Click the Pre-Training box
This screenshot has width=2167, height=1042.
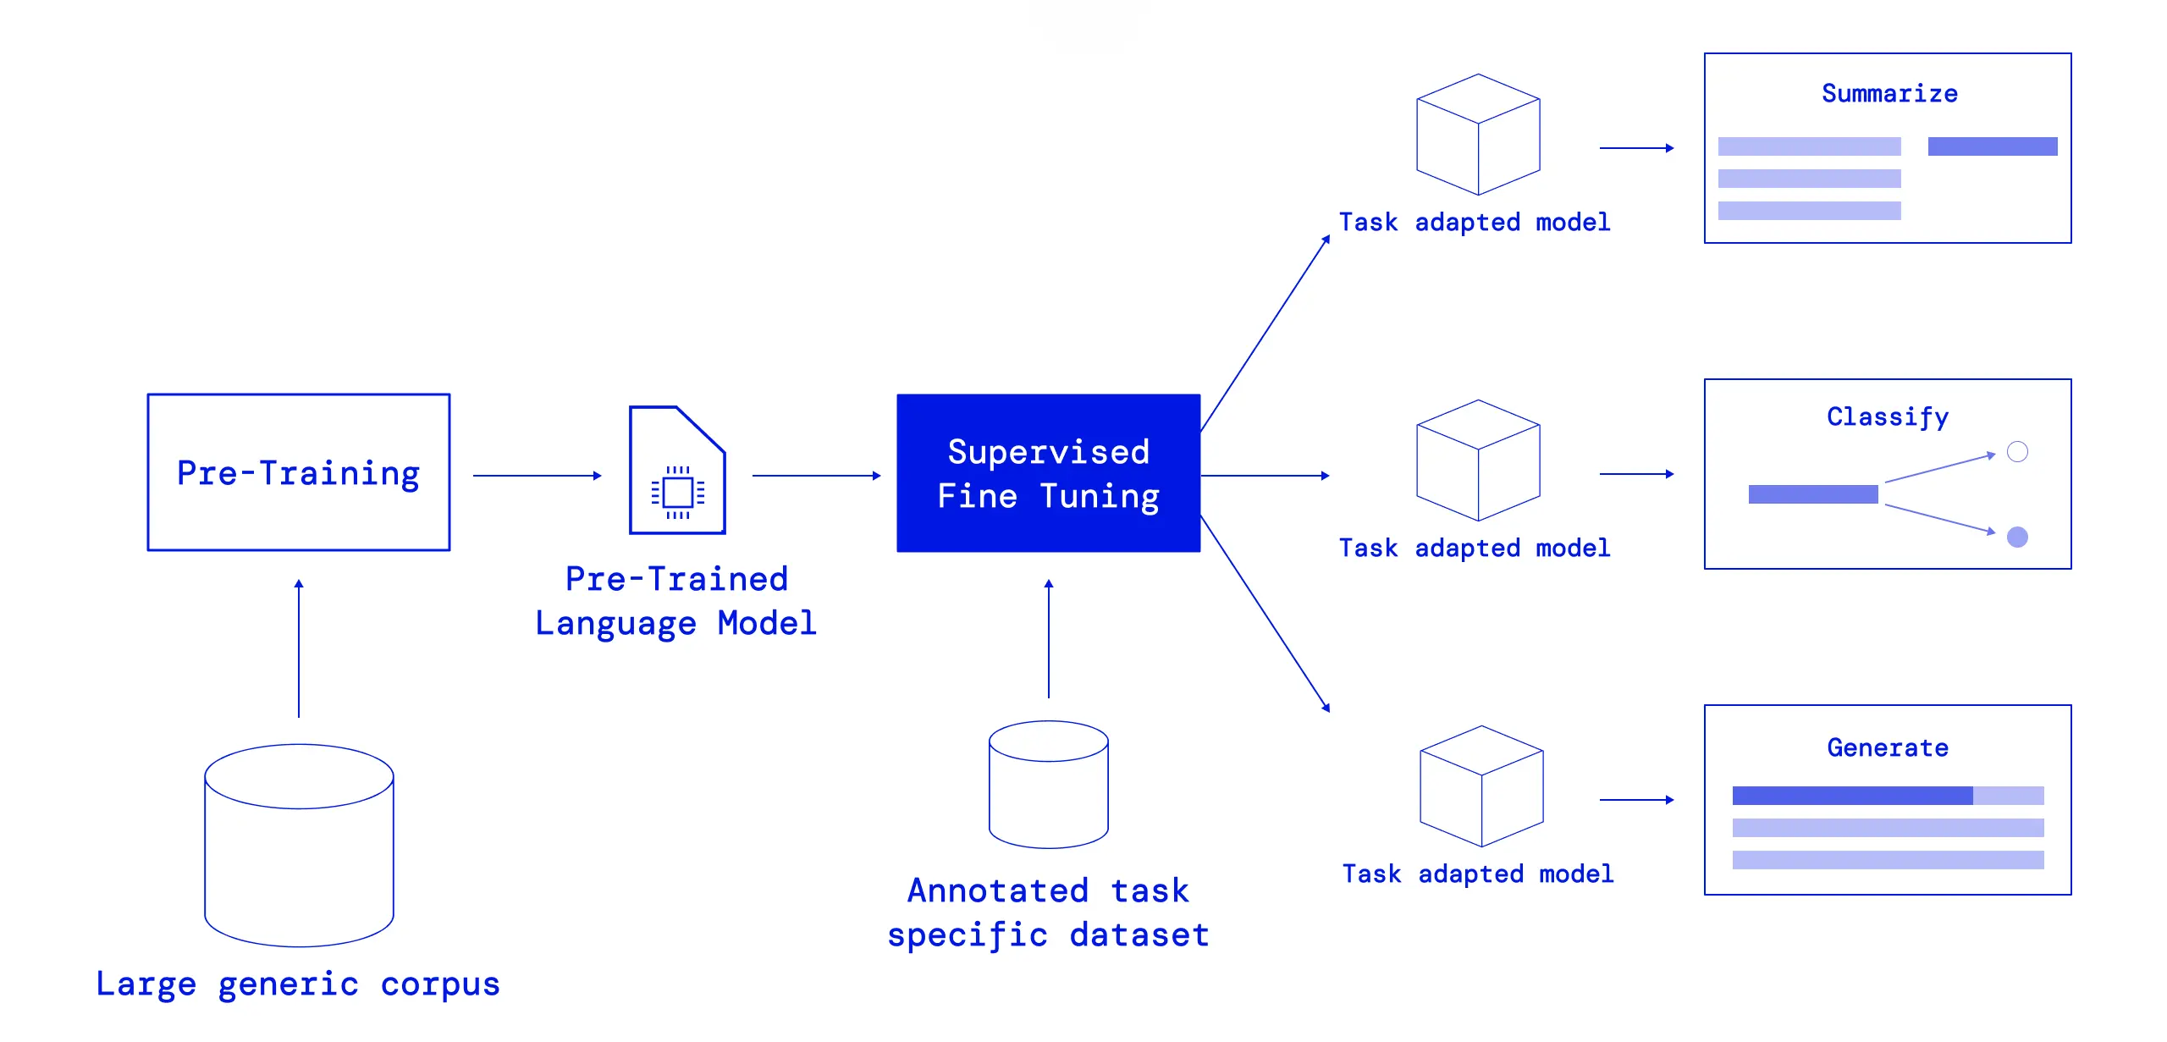[298, 472]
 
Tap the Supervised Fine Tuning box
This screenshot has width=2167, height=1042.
[1048, 473]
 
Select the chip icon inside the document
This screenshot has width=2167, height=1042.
[677, 492]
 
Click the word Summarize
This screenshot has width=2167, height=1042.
[1889, 93]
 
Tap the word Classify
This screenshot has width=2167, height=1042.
[1887, 416]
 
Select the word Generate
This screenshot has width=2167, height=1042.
[1887, 747]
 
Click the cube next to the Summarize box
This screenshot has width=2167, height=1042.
[1478, 135]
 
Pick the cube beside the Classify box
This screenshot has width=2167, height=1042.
[1478, 460]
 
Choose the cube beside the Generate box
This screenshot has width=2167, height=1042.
[1481, 786]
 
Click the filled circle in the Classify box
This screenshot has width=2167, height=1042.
[2017, 537]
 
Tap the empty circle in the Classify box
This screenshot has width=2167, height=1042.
[2017, 452]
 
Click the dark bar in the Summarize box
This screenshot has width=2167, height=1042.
[1992, 146]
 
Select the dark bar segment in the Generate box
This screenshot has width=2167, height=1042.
[1852, 796]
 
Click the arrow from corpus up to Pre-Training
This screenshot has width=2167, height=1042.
[299, 648]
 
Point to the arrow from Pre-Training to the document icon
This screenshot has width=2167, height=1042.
[537, 476]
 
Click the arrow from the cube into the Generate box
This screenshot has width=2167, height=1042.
[1636, 800]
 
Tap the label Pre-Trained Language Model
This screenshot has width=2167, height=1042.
[676, 601]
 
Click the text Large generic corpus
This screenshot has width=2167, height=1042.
[298, 984]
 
